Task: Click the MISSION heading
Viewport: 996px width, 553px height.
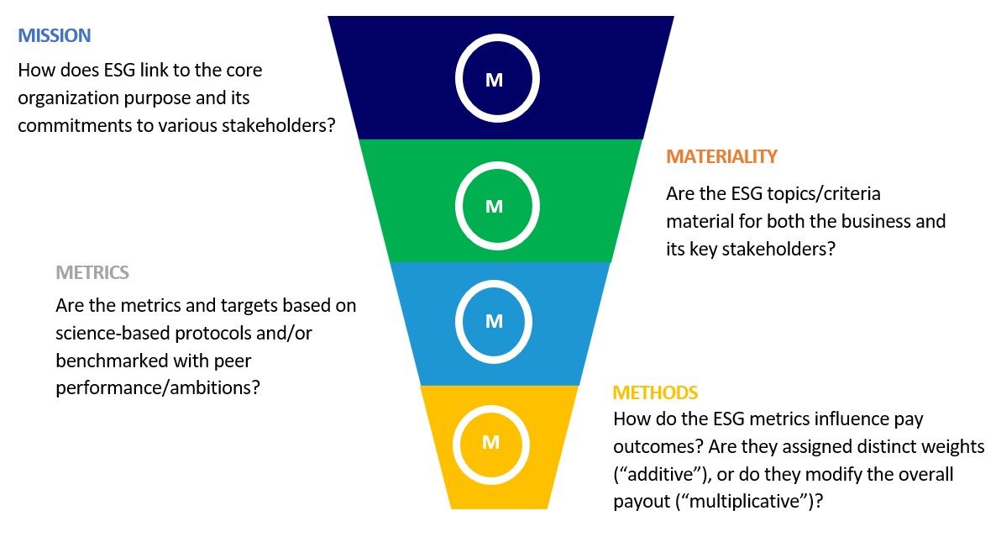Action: coord(55,35)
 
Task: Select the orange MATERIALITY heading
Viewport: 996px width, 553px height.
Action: coord(721,156)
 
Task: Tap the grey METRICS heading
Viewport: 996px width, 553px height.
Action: coord(92,272)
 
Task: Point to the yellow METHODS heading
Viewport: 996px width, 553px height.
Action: coord(655,392)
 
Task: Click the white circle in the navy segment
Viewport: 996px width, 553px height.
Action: coord(497,36)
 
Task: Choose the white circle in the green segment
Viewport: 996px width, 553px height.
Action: coord(497,164)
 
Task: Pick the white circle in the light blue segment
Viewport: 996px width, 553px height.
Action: coord(494,281)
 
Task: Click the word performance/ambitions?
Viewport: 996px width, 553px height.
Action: coord(158,387)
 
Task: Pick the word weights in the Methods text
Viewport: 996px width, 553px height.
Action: coord(947,446)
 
